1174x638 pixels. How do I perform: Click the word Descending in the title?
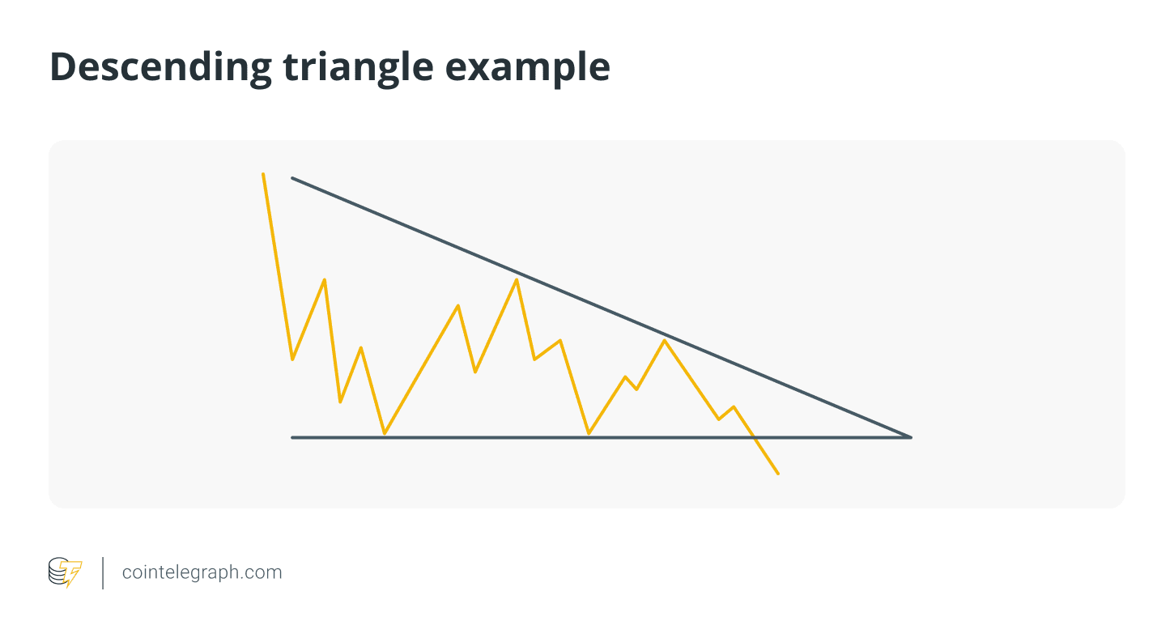(161, 68)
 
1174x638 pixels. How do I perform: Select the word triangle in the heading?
(358, 68)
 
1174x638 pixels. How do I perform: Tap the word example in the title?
(527, 68)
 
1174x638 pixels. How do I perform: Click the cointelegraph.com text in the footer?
(202, 572)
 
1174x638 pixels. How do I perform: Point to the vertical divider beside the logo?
(103, 573)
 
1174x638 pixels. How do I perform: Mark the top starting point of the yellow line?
(263, 174)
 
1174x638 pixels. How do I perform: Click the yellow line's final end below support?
(778, 474)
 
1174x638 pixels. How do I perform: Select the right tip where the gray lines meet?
(911, 437)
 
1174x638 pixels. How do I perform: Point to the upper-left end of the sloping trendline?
(292, 179)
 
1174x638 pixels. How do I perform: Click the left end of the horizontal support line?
(292, 437)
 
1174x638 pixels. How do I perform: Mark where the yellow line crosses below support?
(754, 437)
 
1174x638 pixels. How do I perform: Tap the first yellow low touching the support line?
(384, 433)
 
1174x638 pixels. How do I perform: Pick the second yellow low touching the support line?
(589, 433)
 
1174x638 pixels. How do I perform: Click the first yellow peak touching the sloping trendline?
(517, 279)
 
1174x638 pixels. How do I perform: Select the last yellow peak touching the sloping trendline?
(665, 340)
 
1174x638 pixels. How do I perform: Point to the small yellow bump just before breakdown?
(734, 406)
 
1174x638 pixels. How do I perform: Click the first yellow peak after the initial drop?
(325, 280)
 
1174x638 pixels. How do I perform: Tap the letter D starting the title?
(63, 67)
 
